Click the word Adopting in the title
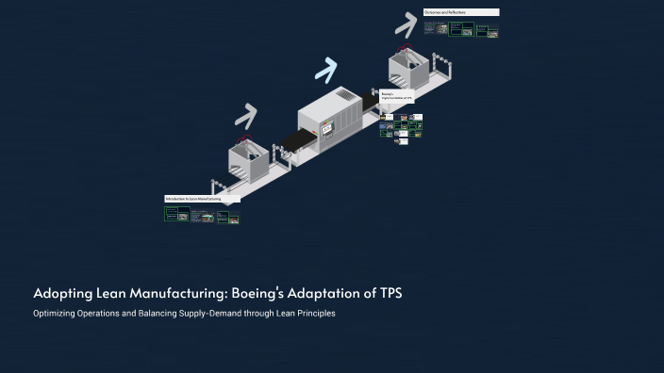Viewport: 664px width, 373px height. click(x=59, y=294)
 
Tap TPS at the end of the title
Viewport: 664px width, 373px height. click(x=390, y=294)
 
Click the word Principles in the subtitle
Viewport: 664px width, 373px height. click(x=313, y=314)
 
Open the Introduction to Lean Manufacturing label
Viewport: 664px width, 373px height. click(x=201, y=200)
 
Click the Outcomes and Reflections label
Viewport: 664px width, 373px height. click(x=460, y=12)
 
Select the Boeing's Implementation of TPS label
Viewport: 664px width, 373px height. click(x=396, y=95)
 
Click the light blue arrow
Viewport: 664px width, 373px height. click(x=326, y=69)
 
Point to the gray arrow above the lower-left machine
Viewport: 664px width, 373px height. click(x=246, y=116)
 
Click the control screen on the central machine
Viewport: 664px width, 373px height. click(x=327, y=127)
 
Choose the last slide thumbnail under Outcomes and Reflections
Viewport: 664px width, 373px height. click(x=491, y=31)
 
